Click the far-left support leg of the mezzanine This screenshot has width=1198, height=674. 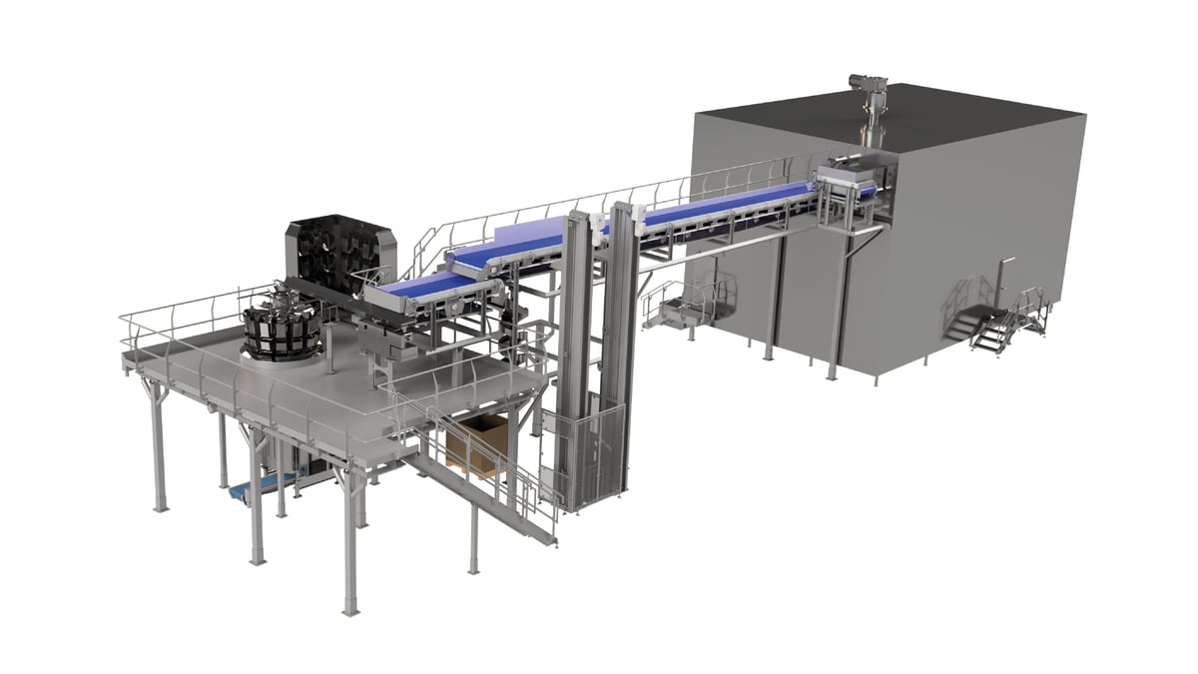[x=156, y=448]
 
